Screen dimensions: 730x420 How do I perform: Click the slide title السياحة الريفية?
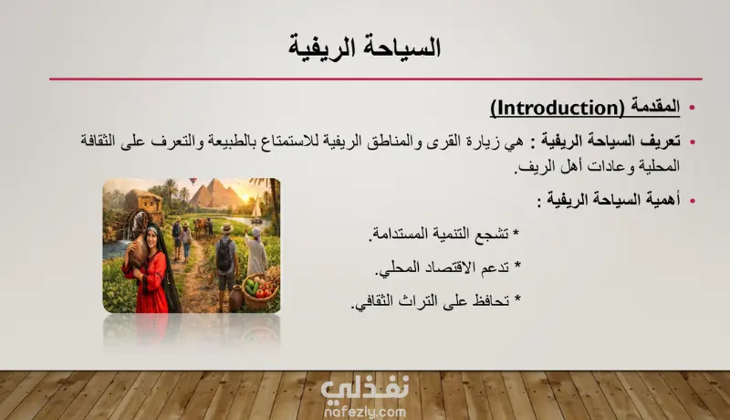click(x=364, y=48)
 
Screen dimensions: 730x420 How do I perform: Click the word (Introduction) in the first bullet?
click(x=558, y=108)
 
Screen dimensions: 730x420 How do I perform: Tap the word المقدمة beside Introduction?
click(x=655, y=107)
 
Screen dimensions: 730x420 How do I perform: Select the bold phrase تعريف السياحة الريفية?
click(x=610, y=141)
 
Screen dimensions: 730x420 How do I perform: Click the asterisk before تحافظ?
click(x=516, y=299)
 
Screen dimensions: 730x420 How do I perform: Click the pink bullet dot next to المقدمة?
click(x=693, y=108)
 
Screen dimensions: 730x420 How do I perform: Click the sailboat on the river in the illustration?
click(x=256, y=207)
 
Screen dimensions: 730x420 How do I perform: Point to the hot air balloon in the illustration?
click(x=193, y=181)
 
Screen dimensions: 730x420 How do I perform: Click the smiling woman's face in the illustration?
click(x=151, y=236)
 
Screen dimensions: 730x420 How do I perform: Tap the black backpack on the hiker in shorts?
click(x=224, y=255)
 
